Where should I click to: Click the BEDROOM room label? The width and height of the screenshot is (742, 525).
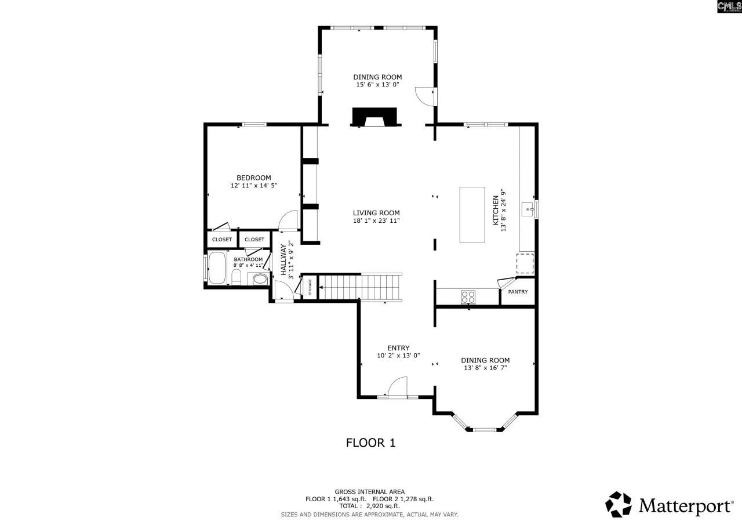click(253, 178)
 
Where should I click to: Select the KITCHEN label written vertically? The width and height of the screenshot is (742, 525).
click(496, 210)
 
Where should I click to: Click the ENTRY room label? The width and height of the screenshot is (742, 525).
click(398, 348)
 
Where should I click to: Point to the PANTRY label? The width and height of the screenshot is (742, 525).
click(518, 292)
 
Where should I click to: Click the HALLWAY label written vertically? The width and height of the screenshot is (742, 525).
click(283, 259)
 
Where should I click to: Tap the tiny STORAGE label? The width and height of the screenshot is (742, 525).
click(310, 287)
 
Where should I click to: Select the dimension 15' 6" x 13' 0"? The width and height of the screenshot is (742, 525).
click(377, 85)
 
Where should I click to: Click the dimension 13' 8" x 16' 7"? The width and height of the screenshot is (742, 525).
click(485, 368)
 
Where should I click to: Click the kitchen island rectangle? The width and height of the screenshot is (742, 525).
click(472, 214)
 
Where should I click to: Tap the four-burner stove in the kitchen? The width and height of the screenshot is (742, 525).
click(468, 296)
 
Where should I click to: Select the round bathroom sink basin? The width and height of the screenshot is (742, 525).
click(260, 280)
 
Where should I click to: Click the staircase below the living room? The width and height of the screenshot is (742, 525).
click(360, 287)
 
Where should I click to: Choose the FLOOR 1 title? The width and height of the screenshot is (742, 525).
click(370, 443)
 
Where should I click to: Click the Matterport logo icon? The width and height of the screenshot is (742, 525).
click(619, 504)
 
